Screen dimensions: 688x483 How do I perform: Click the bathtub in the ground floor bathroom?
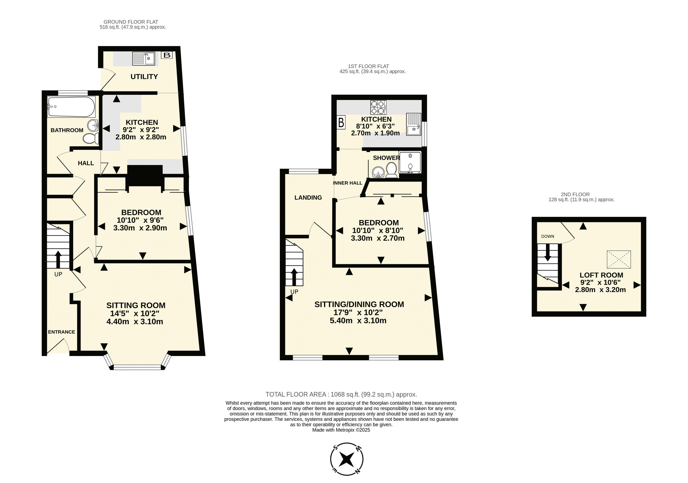point(71,107)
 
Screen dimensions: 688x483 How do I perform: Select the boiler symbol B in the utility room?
point(167,55)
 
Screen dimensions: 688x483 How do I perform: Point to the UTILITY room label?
point(144,77)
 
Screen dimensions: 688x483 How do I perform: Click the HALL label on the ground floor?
point(86,163)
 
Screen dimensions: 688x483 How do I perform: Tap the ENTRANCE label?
point(61,332)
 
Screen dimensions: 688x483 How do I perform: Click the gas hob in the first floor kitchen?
point(378,107)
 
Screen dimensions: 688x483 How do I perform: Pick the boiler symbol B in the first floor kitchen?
point(341,122)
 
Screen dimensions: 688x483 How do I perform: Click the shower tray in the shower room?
point(410,163)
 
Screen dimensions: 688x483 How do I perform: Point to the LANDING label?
point(308,197)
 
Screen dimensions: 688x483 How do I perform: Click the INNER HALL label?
point(348,183)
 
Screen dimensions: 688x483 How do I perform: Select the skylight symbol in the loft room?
point(619,259)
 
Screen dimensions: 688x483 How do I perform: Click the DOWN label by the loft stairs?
point(547,236)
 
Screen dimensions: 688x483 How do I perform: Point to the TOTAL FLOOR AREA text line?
point(341,395)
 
